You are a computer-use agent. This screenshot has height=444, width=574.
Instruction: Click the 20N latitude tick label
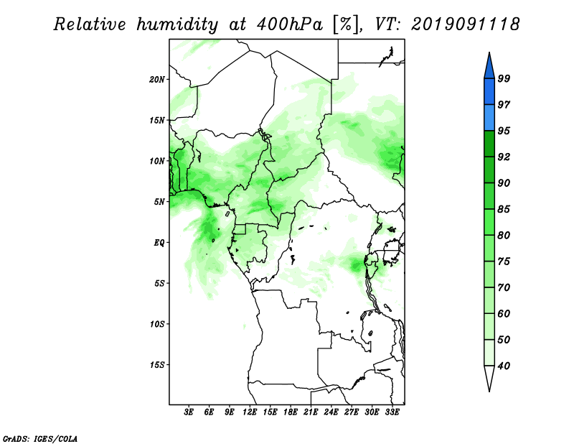point(157,80)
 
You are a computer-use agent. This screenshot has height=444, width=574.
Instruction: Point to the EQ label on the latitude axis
point(159,243)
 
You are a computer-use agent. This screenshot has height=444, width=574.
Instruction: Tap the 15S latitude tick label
point(157,365)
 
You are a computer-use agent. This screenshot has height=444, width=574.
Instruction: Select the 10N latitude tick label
point(157,161)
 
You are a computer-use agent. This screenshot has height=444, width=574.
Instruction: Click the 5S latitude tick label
point(159,283)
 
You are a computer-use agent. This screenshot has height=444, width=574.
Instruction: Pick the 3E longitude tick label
point(189,412)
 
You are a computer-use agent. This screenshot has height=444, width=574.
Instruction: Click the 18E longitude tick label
point(291,412)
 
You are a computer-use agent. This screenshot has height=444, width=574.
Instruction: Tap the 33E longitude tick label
point(392,412)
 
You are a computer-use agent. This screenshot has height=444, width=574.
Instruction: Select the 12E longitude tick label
point(250,412)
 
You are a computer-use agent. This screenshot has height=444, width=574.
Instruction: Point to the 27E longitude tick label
point(352,412)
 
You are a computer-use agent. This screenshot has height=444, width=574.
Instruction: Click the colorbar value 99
point(504,78)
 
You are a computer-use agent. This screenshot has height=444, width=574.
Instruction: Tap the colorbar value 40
point(504,366)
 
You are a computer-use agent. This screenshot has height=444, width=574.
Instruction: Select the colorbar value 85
point(504,209)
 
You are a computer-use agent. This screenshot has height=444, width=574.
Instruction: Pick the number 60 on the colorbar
point(504,313)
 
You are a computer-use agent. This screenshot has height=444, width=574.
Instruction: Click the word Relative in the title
point(90,24)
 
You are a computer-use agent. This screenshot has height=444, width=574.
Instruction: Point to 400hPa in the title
point(290,24)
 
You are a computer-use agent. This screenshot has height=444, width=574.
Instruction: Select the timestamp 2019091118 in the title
point(465,24)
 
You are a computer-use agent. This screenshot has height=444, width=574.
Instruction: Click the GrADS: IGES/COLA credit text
point(40,438)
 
